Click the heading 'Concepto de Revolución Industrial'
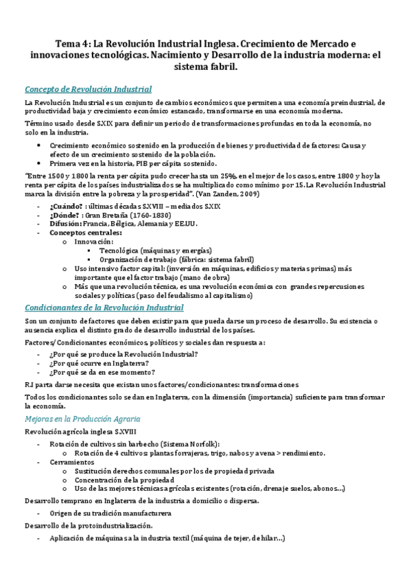coord(88,89)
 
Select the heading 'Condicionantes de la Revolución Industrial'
coord(104,307)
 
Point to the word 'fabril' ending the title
coord(220,68)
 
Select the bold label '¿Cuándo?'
coord(66,206)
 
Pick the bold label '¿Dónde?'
coord(65,215)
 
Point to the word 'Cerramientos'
coord(71,462)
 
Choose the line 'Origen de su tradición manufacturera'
coord(109,513)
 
